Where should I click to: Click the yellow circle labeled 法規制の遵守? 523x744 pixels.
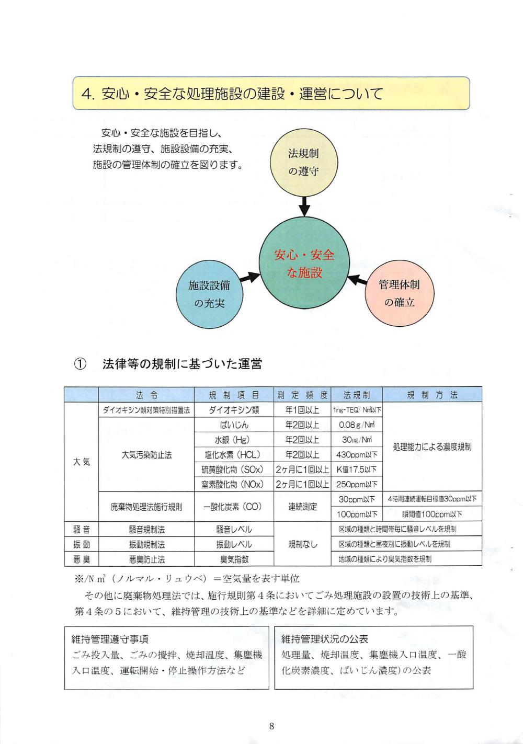click(x=303, y=162)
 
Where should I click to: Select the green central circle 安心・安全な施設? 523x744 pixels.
click(x=304, y=264)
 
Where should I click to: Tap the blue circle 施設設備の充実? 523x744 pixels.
click(x=209, y=293)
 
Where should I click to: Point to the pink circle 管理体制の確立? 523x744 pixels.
click(x=399, y=293)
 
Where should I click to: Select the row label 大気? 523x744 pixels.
click(x=81, y=462)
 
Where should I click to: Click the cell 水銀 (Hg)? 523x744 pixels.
click(x=234, y=440)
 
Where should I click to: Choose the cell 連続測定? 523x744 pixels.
click(x=302, y=507)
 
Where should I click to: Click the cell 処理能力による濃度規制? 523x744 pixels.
click(x=432, y=447)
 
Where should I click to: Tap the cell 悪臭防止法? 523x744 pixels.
click(x=146, y=559)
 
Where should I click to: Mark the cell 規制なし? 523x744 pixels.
click(x=302, y=544)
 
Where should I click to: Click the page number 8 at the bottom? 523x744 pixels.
click(x=271, y=726)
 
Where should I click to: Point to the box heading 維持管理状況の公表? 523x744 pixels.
click(x=325, y=639)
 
